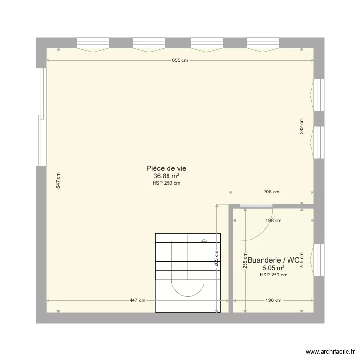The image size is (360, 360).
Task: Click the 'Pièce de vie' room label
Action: click(166, 168)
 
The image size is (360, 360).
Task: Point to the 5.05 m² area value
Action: click(274, 268)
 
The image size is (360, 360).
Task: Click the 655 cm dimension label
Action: click(180, 60)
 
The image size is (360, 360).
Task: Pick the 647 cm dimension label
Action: click(58, 180)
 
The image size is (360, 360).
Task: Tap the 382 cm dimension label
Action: click(302, 126)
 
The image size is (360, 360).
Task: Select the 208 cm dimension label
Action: click(272, 192)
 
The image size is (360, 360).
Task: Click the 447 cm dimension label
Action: click(137, 300)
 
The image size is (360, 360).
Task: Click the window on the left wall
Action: click(41, 116)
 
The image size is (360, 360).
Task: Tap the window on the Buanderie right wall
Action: click(318, 260)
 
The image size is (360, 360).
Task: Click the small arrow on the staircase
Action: click(204, 240)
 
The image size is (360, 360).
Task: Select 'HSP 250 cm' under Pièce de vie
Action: click(166, 183)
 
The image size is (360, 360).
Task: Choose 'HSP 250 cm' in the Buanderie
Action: click(274, 275)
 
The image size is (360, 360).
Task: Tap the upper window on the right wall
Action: click(318, 95)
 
